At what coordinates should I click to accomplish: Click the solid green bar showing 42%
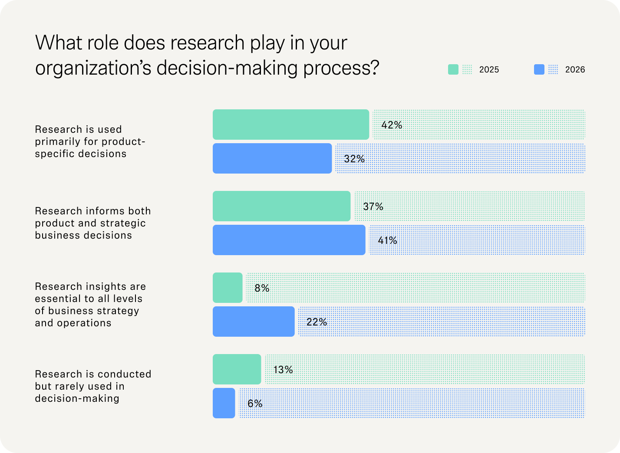pyautogui.click(x=291, y=125)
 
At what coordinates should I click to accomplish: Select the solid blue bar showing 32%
pyautogui.click(x=272, y=158)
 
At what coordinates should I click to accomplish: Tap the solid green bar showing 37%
pyautogui.click(x=281, y=206)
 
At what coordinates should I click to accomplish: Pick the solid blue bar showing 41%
pyautogui.click(x=289, y=240)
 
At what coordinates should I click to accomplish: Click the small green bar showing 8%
pyautogui.click(x=228, y=288)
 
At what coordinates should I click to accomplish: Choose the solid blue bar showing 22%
pyautogui.click(x=254, y=322)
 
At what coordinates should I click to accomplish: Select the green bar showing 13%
pyautogui.click(x=237, y=369)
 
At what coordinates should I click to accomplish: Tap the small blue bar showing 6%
pyautogui.click(x=224, y=403)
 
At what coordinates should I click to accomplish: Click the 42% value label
pyautogui.click(x=392, y=125)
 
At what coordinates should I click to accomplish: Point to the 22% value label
pyautogui.click(x=317, y=322)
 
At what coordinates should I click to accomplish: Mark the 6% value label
pyautogui.click(x=255, y=404)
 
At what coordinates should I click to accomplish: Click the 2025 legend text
pyautogui.click(x=489, y=70)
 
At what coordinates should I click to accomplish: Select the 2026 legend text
pyautogui.click(x=575, y=70)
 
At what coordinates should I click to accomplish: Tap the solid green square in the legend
pyautogui.click(x=453, y=69)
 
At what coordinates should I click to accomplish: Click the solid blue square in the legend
pyautogui.click(x=539, y=69)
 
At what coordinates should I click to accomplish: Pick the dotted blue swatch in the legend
pyautogui.click(x=553, y=69)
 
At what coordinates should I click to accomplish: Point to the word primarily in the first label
pyautogui.click(x=59, y=141)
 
